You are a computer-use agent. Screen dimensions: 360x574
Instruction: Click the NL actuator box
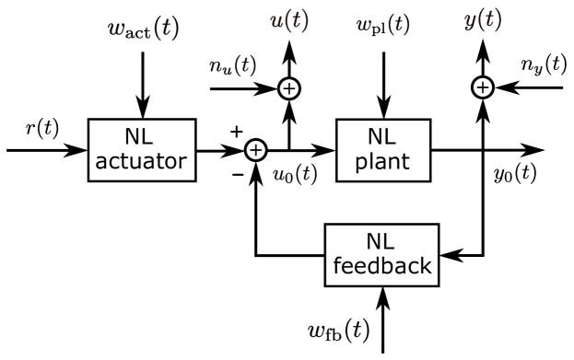click(142, 149)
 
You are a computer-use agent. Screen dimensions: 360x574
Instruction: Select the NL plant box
click(381, 149)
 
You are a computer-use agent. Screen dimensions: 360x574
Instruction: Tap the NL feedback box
click(381, 254)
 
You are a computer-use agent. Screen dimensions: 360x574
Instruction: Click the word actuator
click(142, 162)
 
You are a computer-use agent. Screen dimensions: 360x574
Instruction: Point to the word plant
click(381, 163)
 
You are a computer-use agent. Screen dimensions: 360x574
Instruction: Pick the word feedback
click(381, 266)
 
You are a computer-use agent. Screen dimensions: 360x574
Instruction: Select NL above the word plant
click(381, 137)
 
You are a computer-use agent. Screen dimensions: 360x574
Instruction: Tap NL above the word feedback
click(381, 241)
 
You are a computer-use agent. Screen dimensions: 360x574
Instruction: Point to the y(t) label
click(483, 20)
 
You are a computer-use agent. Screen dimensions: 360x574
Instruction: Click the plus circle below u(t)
click(289, 88)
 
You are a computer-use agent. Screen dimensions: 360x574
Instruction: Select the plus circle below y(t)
click(483, 87)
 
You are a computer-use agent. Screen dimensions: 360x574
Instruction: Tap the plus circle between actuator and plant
click(256, 150)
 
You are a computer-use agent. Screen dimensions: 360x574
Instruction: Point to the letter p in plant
click(361, 165)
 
